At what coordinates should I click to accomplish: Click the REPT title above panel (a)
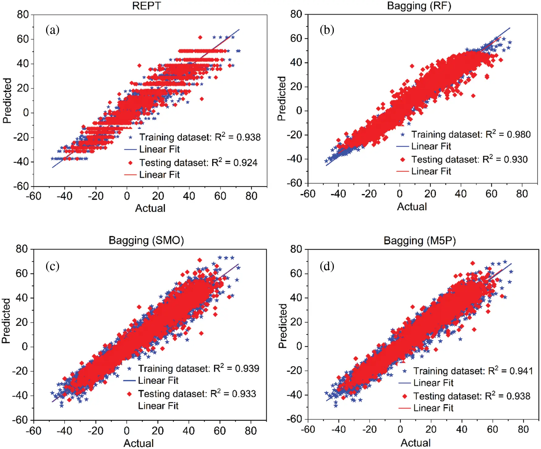click(x=146, y=6)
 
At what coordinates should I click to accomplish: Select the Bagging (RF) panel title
click(x=419, y=6)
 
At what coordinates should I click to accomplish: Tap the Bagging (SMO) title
click(x=146, y=240)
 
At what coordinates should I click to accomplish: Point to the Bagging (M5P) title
click(x=420, y=240)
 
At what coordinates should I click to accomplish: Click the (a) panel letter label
click(x=52, y=30)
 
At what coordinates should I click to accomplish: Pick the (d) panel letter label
click(x=327, y=266)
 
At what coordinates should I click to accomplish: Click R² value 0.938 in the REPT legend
click(x=248, y=137)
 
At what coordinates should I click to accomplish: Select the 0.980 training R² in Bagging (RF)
click(x=518, y=134)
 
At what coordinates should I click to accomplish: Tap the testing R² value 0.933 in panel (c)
click(x=244, y=394)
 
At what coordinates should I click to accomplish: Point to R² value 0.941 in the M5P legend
click(x=521, y=371)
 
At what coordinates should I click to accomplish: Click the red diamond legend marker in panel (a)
click(x=130, y=163)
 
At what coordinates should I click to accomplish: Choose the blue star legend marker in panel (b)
click(x=403, y=135)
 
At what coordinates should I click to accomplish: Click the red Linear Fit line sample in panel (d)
click(x=404, y=408)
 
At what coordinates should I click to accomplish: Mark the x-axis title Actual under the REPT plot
click(x=150, y=208)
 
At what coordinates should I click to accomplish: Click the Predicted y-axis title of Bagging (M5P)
click(x=283, y=326)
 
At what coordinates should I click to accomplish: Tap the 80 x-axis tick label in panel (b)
click(x=522, y=194)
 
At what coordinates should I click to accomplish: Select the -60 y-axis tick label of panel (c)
click(x=20, y=420)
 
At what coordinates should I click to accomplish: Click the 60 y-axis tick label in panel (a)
click(x=23, y=39)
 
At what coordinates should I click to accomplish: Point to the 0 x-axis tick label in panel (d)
click(x=400, y=429)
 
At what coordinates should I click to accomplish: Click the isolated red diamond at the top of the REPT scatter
click(x=200, y=37)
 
